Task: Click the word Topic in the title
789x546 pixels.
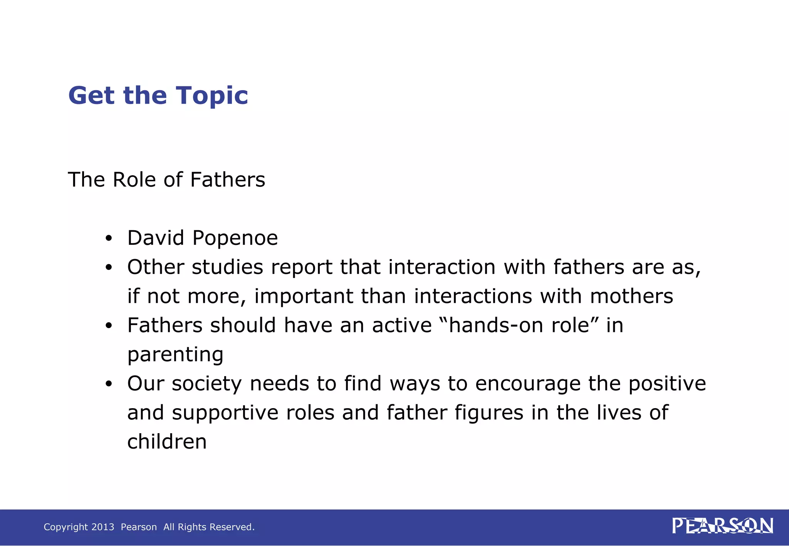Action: click(x=212, y=96)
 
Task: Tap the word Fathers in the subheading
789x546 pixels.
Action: click(x=228, y=180)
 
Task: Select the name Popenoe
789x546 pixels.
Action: click(x=235, y=238)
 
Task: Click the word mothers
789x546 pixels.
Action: click(x=631, y=296)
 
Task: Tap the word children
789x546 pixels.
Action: click(x=167, y=442)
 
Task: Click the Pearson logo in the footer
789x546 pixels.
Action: click(x=722, y=526)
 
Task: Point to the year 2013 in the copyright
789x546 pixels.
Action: click(x=103, y=527)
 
